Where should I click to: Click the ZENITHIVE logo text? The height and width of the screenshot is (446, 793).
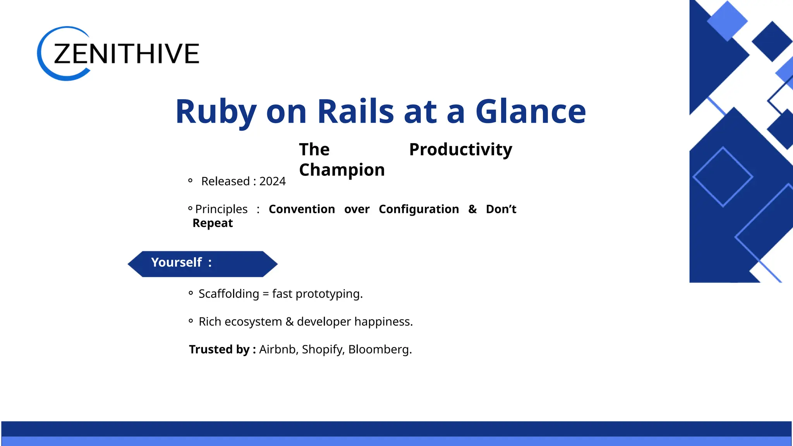click(x=126, y=53)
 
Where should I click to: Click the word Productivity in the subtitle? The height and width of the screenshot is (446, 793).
click(x=460, y=149)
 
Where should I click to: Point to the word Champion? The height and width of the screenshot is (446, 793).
click(x=342, y=170)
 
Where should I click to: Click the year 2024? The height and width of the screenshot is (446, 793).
click(x=272, y=181)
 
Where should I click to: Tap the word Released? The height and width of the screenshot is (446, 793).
click(x=225, y=181)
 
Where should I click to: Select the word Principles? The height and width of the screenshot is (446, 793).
click(x=221, y=209)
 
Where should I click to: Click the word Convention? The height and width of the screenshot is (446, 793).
click(x=302, y=209)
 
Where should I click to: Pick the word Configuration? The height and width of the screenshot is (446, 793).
click(x=419, y=209)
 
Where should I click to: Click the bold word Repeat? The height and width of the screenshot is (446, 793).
click(x=213, y=223)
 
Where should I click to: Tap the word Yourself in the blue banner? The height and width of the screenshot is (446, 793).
click(x=176, y=262)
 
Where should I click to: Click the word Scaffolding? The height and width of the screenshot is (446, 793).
click(x=228, y=294)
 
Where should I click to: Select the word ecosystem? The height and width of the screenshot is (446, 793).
click(x=253, y=322)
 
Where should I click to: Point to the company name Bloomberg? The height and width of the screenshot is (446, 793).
click(x=379, y=349)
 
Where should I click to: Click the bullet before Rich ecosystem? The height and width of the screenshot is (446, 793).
click(x=191, y=321)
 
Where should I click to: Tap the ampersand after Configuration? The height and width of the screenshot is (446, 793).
click(x=472, y=209)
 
